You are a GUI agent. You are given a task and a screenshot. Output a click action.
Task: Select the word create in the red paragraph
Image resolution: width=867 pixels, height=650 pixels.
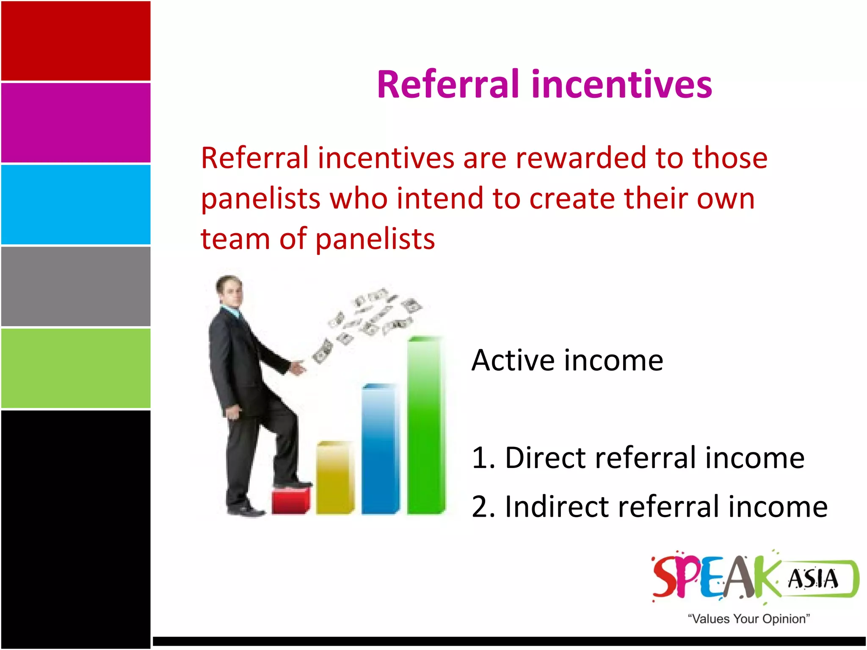(572, 198)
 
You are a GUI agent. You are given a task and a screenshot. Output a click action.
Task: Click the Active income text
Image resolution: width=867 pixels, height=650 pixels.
(567, 361)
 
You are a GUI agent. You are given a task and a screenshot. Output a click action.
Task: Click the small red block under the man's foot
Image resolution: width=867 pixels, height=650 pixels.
(291, 501)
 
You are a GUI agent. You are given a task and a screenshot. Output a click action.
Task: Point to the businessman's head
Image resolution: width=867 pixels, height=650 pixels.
(230, 290)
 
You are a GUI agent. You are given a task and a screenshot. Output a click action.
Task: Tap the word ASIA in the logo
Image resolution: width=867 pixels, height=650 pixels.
(813, 579)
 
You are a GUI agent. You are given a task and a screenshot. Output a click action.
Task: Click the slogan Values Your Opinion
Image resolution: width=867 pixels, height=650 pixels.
(748, 619)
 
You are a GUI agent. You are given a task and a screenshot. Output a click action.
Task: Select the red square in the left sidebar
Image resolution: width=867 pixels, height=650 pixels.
(76, 41)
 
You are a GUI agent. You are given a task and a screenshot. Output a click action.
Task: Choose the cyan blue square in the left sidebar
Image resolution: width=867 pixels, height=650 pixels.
(76, 204)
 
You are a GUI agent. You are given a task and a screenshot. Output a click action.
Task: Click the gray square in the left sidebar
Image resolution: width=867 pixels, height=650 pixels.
(76, 286)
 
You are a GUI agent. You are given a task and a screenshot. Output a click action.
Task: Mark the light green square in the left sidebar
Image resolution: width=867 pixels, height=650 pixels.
(76, 368)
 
